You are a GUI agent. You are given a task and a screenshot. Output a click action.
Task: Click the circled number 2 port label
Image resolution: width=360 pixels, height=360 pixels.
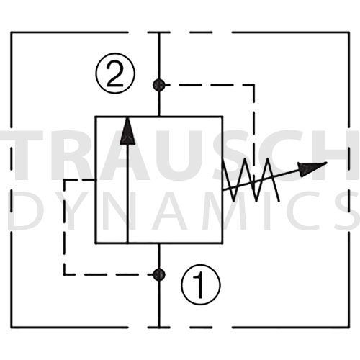115,73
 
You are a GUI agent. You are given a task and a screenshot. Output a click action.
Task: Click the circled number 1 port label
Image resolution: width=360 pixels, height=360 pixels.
200,285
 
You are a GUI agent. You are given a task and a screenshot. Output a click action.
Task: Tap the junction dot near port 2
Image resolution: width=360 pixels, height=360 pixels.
158,84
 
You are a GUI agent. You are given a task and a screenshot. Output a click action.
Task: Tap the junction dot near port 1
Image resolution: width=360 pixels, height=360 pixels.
158,274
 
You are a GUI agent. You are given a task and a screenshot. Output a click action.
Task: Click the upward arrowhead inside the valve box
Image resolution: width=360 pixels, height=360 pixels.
127,131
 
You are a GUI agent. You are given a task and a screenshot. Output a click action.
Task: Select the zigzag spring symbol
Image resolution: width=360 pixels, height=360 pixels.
251,179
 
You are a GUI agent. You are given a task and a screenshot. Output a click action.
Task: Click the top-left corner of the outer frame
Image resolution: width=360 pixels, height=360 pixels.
11,32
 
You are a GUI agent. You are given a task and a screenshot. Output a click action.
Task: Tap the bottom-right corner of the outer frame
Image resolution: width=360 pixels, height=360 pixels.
349,327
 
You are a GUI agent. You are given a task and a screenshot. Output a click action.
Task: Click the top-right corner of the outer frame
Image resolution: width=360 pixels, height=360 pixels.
349,32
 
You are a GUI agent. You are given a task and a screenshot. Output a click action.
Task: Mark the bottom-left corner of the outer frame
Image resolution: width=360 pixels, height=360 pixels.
11,327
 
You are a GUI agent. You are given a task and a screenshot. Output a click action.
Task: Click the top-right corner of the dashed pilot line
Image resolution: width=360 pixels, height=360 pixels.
254,84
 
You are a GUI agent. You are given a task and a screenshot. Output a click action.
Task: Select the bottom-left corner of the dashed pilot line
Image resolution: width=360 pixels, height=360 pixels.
64,274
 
